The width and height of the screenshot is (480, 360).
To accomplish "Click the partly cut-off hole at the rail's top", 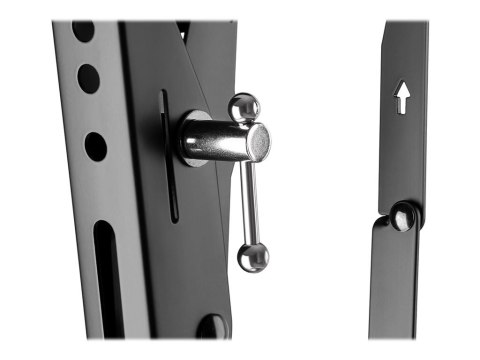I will click(x=82, y=30).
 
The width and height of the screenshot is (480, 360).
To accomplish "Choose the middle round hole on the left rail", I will click(x=89, y=79).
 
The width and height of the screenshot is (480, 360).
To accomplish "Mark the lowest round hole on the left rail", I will click(x=96, y=146).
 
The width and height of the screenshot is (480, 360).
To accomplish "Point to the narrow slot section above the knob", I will click(x=165, y=105).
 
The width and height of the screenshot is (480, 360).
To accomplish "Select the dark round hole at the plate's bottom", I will click(x=210, y=326).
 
